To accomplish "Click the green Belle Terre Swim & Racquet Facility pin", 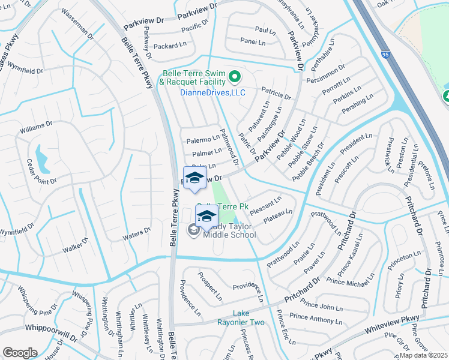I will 235,77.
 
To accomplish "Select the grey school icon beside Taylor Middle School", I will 194,229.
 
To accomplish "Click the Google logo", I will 20,352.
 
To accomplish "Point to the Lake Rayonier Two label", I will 249,318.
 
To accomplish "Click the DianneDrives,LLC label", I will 212,92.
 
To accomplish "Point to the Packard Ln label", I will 166,46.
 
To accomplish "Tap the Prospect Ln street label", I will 211,287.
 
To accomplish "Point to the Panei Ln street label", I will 253,42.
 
